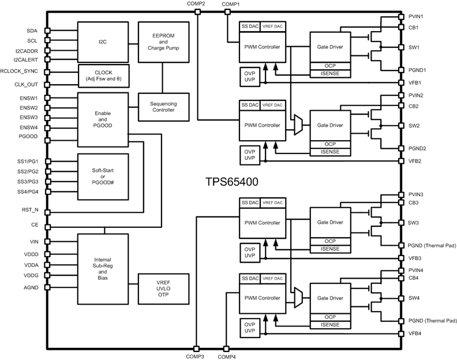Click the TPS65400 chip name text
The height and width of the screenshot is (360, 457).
click(x=231, y=181)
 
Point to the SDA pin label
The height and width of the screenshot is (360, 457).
click(x=32, y=31)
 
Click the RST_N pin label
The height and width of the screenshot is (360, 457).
click(x=30, y=211)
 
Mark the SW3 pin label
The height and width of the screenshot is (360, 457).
click(x=414, y=223)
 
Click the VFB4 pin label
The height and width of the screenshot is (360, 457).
click(x=414, y=333)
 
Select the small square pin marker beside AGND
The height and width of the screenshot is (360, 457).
click(x=48, y=287)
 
